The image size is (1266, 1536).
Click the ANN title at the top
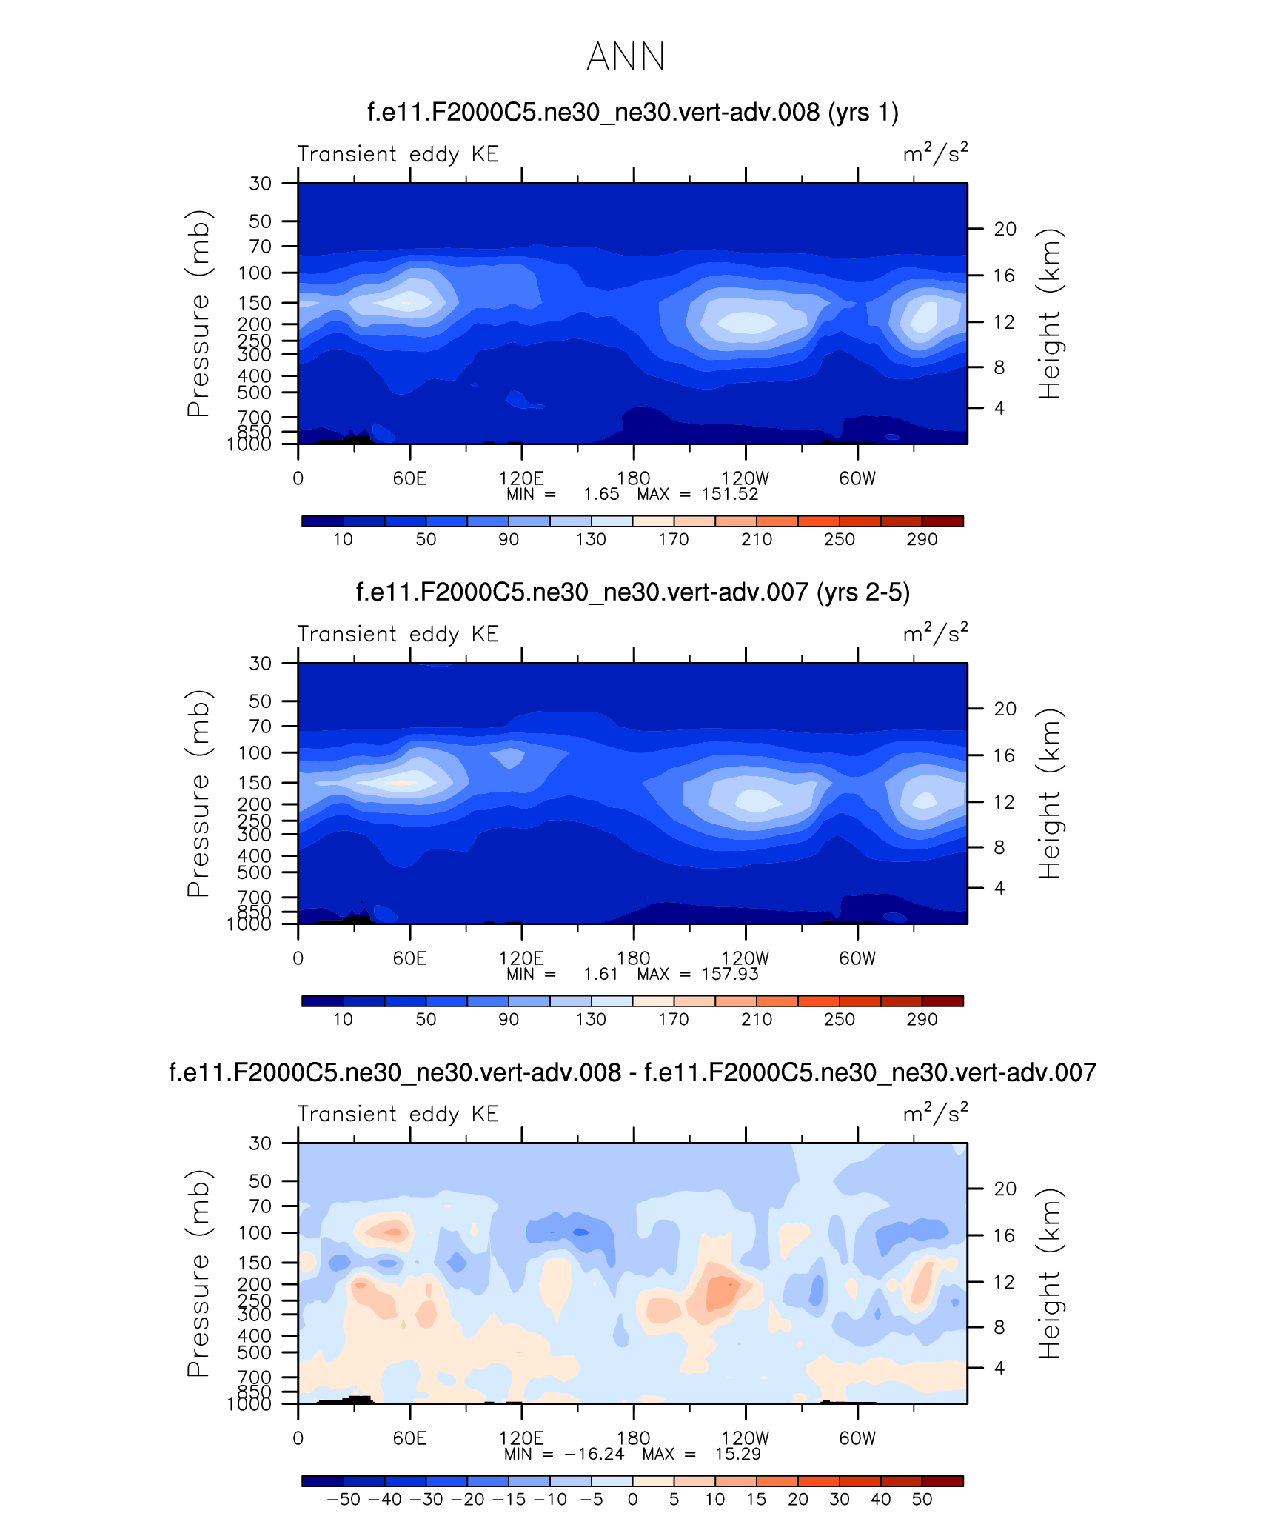[x=626, y=57]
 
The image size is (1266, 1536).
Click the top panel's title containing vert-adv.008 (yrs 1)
[x=632, y=113]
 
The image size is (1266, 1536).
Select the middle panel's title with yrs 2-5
[x=632, y=592]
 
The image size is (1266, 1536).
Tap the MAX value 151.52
[x=730, y=495]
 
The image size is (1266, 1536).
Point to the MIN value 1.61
[x=600, y=974]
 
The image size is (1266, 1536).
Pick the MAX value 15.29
[x=737, y=1454]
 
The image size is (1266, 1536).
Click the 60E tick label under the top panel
[x=409, y=478]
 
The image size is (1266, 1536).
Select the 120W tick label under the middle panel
[x=745, y=958]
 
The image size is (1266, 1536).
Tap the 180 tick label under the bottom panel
[x=633, y=1438]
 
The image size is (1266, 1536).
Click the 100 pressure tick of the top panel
[x=255, y=273]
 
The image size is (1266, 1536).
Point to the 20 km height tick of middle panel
[x=1005, y=709]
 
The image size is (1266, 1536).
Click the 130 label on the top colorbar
[x=591, y=539]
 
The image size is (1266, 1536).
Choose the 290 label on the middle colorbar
[x=922, y=1019]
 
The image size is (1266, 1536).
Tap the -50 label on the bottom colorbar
[x=344, y=1499]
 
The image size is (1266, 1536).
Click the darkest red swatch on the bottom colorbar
[x=942, y=1480]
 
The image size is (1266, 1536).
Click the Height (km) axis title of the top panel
[x=1050, y=314]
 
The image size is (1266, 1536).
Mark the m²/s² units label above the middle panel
[x=935, y=634]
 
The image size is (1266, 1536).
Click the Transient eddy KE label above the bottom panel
[x=398, y=1114]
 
